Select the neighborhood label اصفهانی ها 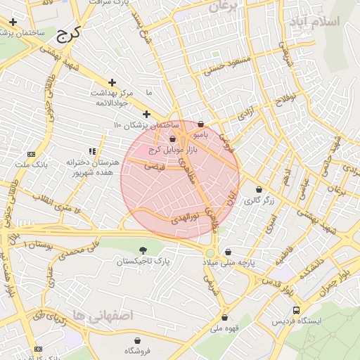click(x=103, y=316)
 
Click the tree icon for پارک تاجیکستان click(x=143, y=250)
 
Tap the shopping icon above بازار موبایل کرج click(x=173, y=139)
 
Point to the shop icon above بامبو click(x=200, y=124)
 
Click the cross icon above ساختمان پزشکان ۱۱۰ click(x=146, y=114)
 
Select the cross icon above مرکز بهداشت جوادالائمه click(x=112, y=82)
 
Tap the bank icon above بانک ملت click(x=30, y=153)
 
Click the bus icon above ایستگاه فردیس click(x=296, y=310)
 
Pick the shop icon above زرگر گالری click(x=259, y=189)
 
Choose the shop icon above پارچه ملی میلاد click(x=227, y=252)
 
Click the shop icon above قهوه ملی click(x=224, y=317)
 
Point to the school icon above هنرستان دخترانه click(x=92, y=150)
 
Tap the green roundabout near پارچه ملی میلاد click(x=210, y=253)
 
